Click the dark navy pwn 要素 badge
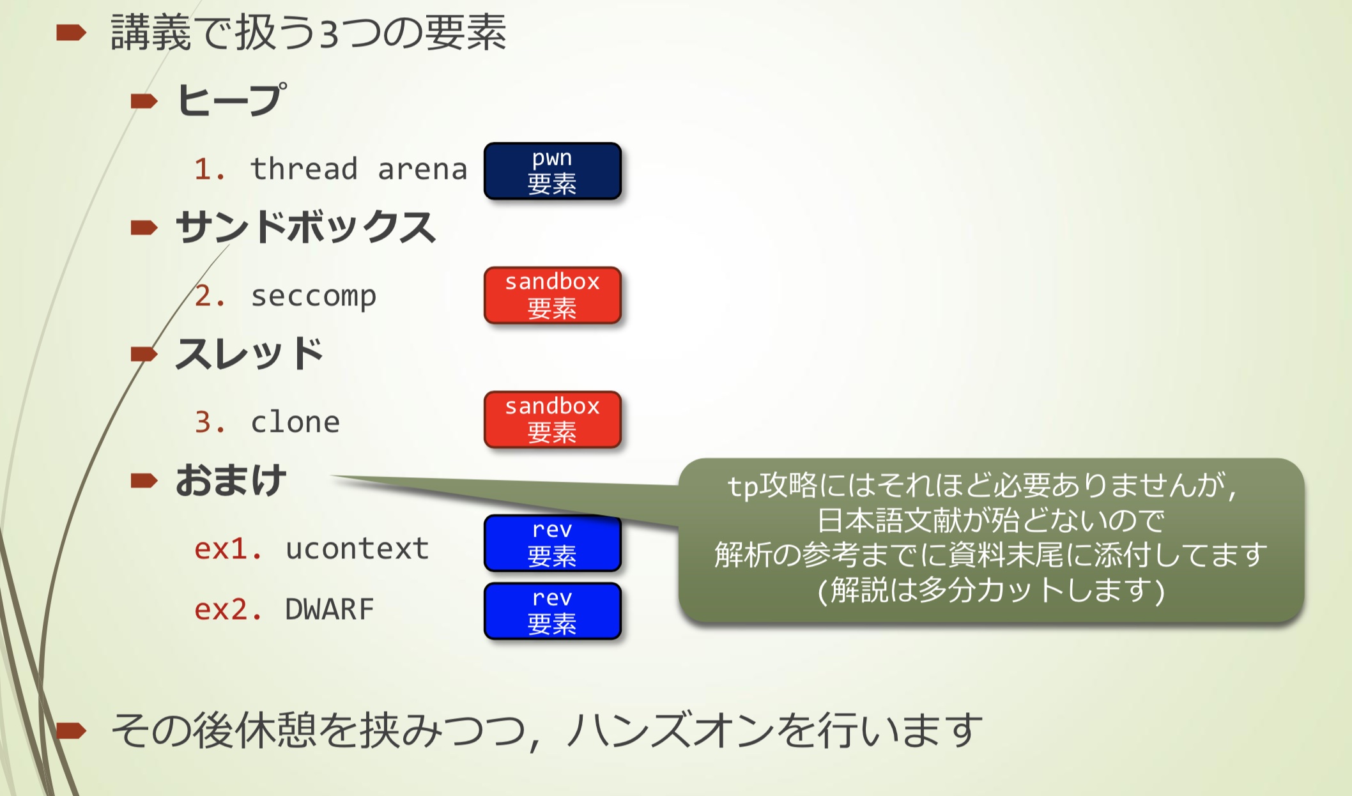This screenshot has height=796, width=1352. click(552, 171)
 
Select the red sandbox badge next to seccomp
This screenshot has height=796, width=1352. click(552, 295)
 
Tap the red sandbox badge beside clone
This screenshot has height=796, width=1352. click(552, 419)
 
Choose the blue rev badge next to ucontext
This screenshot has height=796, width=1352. click(552, 544)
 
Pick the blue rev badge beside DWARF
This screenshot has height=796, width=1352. click(552, 611)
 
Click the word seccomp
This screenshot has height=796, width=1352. click(313, 296)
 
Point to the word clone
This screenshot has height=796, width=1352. click(295, 422)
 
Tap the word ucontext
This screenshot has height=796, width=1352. click(357, 549)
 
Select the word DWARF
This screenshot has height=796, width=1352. click(329, 609)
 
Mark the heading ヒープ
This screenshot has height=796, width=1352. click(231, 100)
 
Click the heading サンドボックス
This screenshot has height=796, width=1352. click(305, 227)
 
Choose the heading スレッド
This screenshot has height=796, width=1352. click(249, 353)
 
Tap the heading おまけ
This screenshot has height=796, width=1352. click(231, 480)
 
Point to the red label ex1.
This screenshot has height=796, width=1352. click(227, 549)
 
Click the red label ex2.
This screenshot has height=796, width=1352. click(227, 609)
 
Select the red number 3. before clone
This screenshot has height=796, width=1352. click(210, 422)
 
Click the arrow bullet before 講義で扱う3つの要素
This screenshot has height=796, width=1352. click(70, 33)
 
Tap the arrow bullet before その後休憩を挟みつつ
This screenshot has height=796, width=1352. click(70, 730)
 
